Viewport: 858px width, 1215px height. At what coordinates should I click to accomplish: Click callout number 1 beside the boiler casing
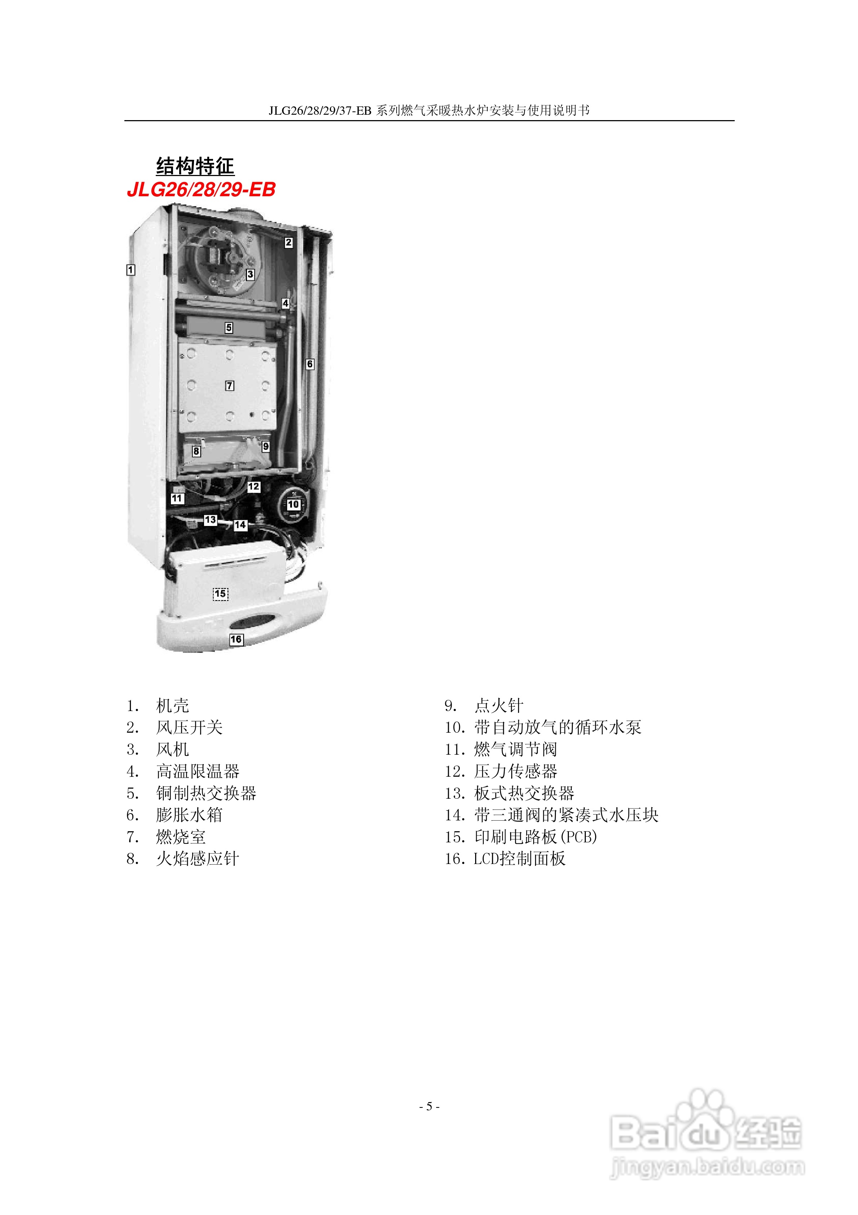tap(131, 270)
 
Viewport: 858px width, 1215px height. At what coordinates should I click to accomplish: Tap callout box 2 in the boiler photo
tap(288, 242)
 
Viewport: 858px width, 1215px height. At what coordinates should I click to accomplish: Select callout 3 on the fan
tap(250, 274)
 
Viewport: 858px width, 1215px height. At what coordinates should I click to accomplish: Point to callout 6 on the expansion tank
tap(310, 364)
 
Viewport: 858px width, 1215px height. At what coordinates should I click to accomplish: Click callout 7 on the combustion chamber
tap(230, 386)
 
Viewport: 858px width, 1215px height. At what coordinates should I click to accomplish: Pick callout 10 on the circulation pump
tap(293, 504)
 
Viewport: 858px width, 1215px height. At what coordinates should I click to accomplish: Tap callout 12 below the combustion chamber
tap(254, 486)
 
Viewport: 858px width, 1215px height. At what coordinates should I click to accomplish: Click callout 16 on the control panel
tap(236, 639)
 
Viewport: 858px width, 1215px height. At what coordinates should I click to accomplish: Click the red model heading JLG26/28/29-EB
tap(202, 189)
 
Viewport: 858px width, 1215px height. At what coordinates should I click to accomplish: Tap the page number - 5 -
tap(429, 1106)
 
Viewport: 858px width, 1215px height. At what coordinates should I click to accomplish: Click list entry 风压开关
tap(189, 727)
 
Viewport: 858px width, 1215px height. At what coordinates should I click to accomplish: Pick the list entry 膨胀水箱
tap(189, 815)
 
